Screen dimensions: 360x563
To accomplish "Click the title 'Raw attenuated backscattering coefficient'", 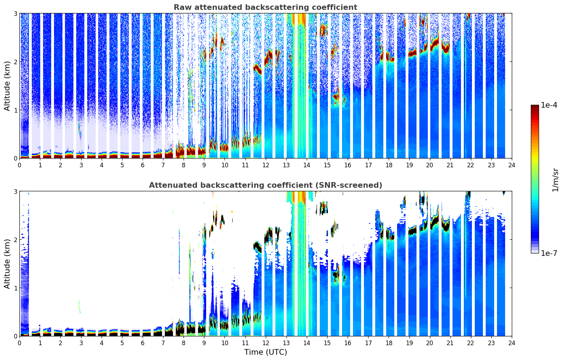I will point(265,7).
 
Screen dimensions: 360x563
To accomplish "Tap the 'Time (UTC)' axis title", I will point(265,352).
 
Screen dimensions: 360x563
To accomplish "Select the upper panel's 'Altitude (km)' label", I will point(7,86).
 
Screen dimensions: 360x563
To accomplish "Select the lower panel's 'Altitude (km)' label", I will point(7,264).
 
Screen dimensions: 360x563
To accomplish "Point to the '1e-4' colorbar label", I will point(549,105).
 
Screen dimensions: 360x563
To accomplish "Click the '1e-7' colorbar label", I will point(549,253).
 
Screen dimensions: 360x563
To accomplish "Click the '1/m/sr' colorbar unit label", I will point(555,180).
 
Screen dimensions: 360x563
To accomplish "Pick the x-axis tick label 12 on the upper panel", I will point(265,165).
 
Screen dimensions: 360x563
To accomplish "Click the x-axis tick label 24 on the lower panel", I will point(511,343).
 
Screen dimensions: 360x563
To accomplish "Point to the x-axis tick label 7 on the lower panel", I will point(163,343).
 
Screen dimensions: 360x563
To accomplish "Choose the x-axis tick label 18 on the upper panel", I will point(389,165).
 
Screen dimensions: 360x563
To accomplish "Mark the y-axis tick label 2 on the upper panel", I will point(16,62).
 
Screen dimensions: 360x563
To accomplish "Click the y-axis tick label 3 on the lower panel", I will point(16,191).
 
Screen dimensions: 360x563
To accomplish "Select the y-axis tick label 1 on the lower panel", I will point(16,288).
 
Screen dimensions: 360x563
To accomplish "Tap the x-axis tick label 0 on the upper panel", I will point(19,165).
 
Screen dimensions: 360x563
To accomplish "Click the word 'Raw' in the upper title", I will point(181,7).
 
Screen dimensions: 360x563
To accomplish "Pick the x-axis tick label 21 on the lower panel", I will point(450,343).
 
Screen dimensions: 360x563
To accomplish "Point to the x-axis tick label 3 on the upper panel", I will point(81,165).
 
